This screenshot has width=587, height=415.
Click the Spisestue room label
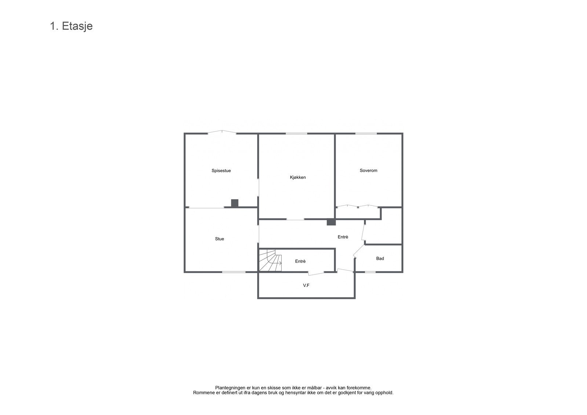pos(221,171)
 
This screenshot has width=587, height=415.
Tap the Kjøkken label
pos(298,178)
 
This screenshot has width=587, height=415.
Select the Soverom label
pos(368,171)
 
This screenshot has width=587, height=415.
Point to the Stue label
pos(219,239)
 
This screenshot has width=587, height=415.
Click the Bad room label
pos(380,259)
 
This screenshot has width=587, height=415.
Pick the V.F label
pos(306,285)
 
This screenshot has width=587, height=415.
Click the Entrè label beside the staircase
pos(300,261)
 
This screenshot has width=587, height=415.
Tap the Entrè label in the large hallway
pos(343,237)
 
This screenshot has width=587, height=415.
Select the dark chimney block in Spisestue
pos(234,203)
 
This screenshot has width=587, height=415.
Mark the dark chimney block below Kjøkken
pos(331,222)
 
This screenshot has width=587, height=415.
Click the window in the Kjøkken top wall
pos(296,134)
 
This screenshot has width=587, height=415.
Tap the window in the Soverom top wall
pos(366,134)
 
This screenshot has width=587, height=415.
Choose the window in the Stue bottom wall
pos(234,272)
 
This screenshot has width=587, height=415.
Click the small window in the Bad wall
pos(370,272)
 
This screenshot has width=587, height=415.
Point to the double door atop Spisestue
pos(222,132)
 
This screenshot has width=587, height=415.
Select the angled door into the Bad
pos(358,251)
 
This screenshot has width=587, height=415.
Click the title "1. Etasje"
pos(71,26)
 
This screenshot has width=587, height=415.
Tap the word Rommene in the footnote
pos(204,393)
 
